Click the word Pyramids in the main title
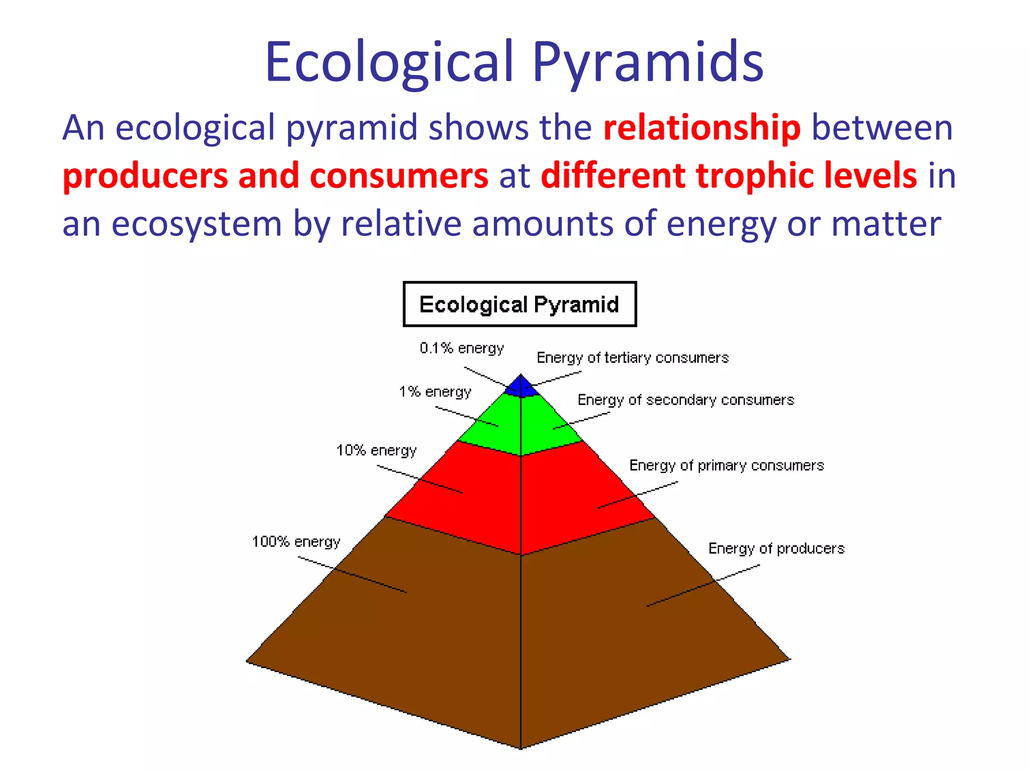click(x=648, y=63)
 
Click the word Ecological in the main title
click(x=390, y=63)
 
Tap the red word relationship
click(x=701, y=128)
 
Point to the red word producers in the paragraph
click(x=145, y=176)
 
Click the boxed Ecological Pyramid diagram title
click(x=520, y=305)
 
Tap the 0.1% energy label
click(x=462, y=348)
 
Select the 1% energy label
click(x=435, y=392)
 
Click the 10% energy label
click(x=376, y=450)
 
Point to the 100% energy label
click(x=296, y=542)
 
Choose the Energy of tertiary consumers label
click(x=633, y=358)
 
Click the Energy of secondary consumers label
click(x=686, y=400)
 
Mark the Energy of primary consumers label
click(x=727, y=465)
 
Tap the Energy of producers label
click(x=776, y=548)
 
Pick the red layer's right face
click(x=578, y=493)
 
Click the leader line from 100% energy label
click(x=352, y=574)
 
